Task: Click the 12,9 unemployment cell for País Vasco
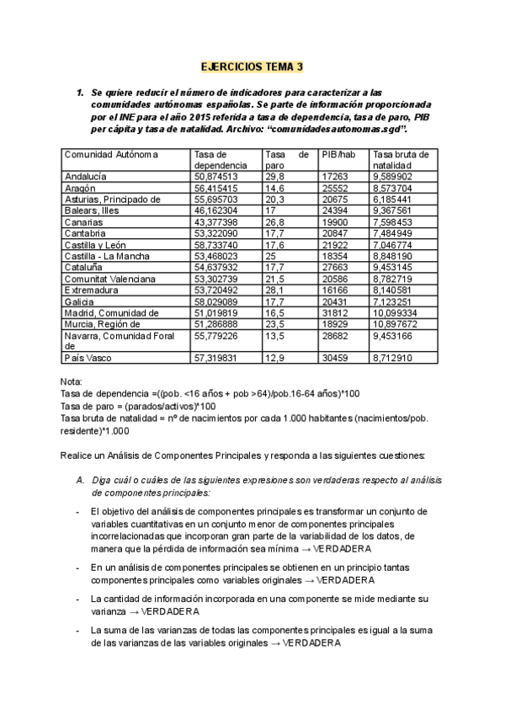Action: point(274,358)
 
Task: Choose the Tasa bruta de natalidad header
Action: point(401,160)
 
